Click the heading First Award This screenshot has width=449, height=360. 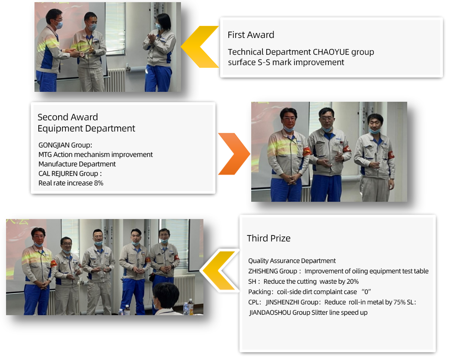click(x=251, y=34)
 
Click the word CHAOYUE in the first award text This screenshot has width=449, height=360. click(x=331, y=52)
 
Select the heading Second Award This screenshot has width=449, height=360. click(x=68, y=117)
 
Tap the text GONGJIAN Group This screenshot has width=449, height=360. click(x=65, y=145)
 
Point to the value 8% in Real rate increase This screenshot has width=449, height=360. click(x=99, y=183)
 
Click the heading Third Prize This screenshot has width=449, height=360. click(x=268, y=238)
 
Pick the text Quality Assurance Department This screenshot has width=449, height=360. click(x=292, y=260)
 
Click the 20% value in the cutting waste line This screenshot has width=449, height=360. click(x=352, y=282)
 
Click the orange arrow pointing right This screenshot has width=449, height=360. click(x=234, y=154)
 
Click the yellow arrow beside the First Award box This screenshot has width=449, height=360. click(x=200, y=47)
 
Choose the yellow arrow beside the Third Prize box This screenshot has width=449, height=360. click(x=220, y=271)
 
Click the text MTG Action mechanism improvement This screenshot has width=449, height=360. click(x=95, y=155)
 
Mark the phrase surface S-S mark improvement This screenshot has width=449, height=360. click(x=286, y=62)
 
